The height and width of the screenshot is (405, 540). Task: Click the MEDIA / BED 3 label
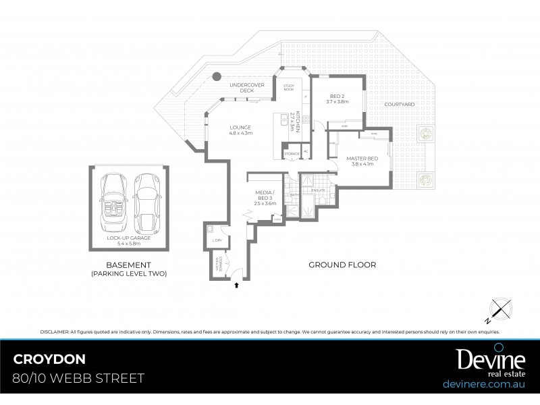coord(265,196)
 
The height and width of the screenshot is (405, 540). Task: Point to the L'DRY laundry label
coord(217,241)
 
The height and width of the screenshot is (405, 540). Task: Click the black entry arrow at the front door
coord(236,286)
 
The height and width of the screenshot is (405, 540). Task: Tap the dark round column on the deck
coord(217,77)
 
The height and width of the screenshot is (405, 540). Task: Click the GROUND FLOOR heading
coord(342,265)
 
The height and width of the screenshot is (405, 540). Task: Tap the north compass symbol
coord(499,310)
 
